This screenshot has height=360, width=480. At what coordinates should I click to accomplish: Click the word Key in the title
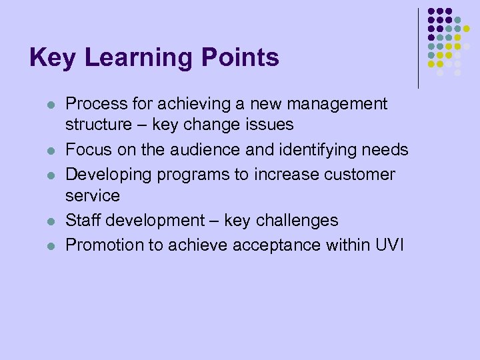[x=51, y=58]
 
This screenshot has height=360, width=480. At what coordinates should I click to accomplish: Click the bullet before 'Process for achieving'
[x=49, y=105]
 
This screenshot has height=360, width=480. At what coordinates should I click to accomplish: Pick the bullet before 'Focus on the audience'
[x=49, y=151]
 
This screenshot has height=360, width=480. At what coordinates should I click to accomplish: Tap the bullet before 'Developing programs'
[x=49, y=175]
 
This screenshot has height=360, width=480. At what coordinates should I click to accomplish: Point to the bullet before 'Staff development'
[x=49, y=221]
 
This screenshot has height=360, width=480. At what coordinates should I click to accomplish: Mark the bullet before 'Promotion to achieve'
[x=49, y=246]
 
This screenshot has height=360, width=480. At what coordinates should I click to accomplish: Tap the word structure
[x=99, y=125]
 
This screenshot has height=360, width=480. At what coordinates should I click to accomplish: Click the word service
[x=93, y=195]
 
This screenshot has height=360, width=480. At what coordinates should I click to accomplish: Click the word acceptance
[x=273, y=245]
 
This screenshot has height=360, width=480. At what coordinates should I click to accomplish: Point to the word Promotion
[x=104, y=245]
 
